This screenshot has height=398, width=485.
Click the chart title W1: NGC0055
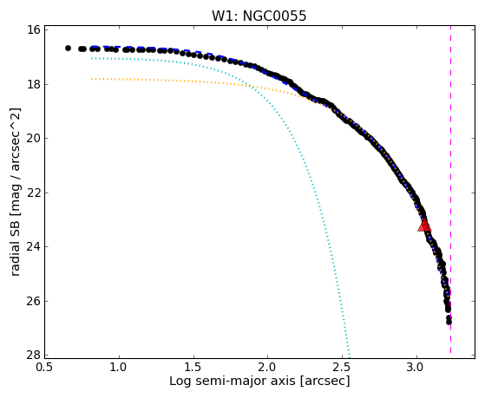pos(259,16)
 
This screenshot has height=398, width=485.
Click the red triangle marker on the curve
pos(424,225)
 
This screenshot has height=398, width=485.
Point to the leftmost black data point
pos(68,49)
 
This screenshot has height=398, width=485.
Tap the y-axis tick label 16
pos(34,30)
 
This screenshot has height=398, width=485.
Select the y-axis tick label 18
pos(34,84)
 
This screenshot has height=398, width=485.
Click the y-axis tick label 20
pos(34,138)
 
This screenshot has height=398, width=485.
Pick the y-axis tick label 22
pos(34,192)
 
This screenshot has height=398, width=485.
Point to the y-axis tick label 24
pos(34,247)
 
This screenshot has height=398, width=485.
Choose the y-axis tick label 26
pos(34,301)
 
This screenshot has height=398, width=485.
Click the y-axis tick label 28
pos(34,355)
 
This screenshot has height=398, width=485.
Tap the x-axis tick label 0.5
pos(45,368)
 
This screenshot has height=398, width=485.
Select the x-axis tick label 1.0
pos(119,368)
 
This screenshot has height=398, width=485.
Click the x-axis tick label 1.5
pos(193,368)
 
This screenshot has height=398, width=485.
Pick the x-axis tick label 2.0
pos(268,368)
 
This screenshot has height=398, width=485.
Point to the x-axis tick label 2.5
pos(342,368)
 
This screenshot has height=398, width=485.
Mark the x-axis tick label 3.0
pos(416,368)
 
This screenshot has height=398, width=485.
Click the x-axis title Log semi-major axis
pos(233,382)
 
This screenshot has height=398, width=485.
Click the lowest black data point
pos(449,322)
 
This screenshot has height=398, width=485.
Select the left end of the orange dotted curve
pos(92,79)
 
